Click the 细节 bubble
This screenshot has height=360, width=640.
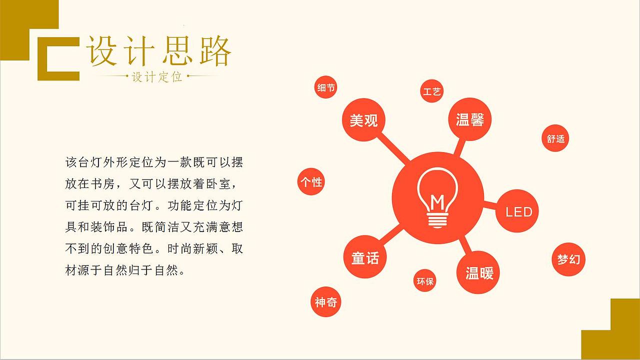[x=326, y=88]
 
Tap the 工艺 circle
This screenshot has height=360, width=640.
[x=431, y=91]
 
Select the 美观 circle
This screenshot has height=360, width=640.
[x=363, y=120]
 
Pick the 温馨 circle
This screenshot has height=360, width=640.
[x=470, y=119]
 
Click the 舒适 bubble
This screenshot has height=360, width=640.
[x=555, y=138]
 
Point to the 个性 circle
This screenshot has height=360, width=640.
[x=310, y=181]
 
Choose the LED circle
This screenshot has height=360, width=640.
[x=518, y=211]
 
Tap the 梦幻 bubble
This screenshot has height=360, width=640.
[x=568, y=259]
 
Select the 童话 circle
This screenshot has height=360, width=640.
[x=365, y=257]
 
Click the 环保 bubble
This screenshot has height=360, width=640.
[x=425, y=281]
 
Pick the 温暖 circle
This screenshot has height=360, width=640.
[x=479, y=272]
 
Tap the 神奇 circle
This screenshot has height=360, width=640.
[x=326, y=302]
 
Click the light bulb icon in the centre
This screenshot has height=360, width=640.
[x=437, y=198]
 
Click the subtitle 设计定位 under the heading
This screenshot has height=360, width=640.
[x=157, y=77]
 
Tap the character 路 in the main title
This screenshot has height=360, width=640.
[x=215, y=51]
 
